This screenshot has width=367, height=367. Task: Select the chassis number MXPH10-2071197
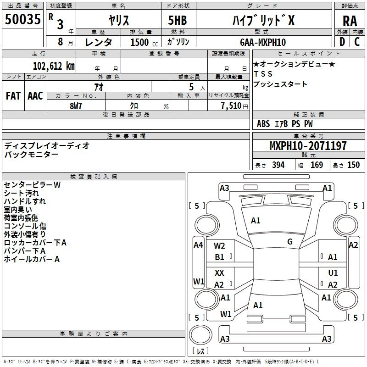click(x=308, y=146)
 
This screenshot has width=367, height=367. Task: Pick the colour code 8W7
click(x=76, y=106)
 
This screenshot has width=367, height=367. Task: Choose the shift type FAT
click(x=13, y=95)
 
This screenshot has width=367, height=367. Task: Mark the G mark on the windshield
click(x=290, y=241)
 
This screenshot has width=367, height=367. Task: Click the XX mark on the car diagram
click(x=220, y=273)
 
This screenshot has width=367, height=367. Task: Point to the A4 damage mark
click(x=198, y=245)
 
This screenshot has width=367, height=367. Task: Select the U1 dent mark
click(x=333, y=273)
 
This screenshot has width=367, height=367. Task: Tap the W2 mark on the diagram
click(x=220, y=246)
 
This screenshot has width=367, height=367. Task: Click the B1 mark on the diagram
click(x=220, y=257)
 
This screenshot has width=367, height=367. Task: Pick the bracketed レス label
click(x=200, y=351)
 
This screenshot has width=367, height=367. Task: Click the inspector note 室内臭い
click(x=18, y=210)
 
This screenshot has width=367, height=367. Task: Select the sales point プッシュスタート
click(x=280, y=84)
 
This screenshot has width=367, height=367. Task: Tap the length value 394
click(x=278, y=165)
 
